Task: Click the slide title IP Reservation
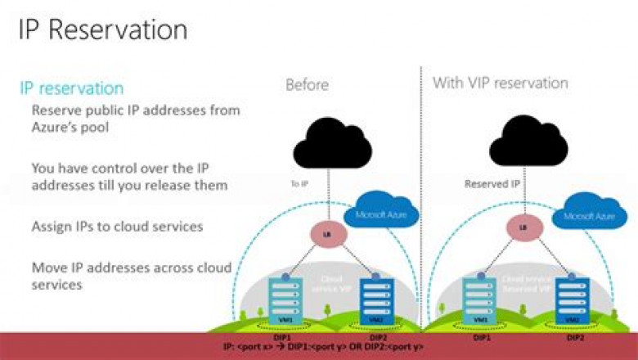(103, 29)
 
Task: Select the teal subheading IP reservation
(72, 88)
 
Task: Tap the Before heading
(308, 84)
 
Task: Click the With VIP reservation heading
(500, 83)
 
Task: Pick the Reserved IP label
(492, 184)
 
